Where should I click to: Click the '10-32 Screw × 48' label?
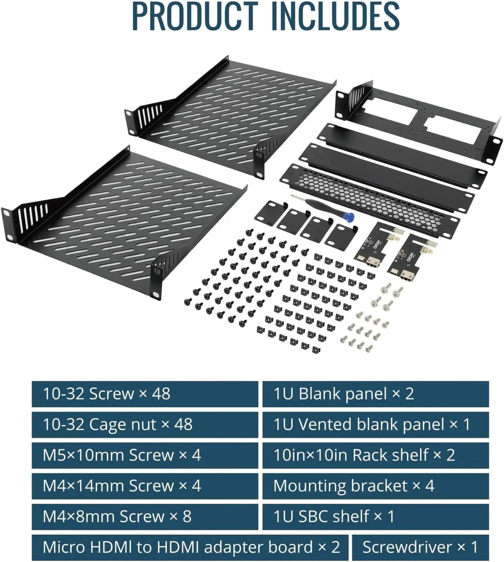(106, 394)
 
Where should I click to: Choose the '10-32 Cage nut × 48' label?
(117, 425)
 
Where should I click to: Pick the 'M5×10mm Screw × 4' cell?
(122, 455)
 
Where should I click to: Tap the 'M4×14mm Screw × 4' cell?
(122, 486)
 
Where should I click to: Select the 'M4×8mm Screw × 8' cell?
(117, 517)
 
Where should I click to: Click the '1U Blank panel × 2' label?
(344, 394)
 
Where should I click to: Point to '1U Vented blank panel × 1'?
(372, 425)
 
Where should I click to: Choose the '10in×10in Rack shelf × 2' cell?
(364, 455)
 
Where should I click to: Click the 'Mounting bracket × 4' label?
(353, 486)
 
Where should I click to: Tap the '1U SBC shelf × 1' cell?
(334, 517)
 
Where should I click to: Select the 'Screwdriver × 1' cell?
(420, 547)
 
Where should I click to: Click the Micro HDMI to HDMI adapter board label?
(191, 547)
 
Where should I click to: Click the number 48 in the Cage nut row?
(183, 425)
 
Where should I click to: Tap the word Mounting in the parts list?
(310, 486)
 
